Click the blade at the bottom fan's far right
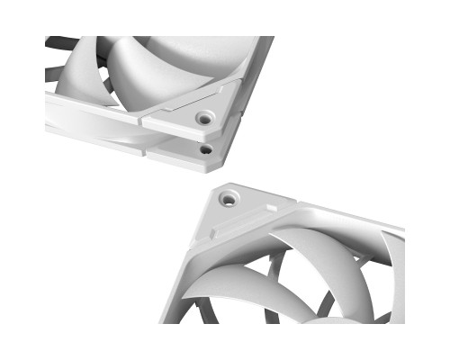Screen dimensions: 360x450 pyautogui.click(x=387, y=288)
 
